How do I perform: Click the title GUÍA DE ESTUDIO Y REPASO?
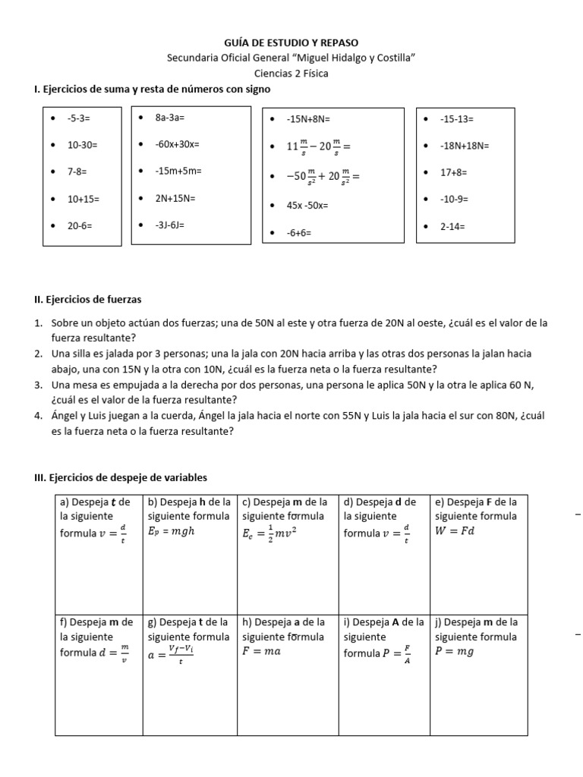[x=291, y=43]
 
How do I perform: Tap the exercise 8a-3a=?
[x=170, y=118]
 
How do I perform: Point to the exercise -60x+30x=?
[x=177, y=144]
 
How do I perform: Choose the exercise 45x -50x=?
[x=307, y=205]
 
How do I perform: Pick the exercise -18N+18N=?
[x=465, y=146]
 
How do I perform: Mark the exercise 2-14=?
[x=452, y=226]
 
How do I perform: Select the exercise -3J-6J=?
[x=169, y=225]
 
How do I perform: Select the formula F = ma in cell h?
[x=261, y=651]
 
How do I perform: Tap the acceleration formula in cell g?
[x=171, y=654]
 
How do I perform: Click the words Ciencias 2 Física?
[x=291, y=74]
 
